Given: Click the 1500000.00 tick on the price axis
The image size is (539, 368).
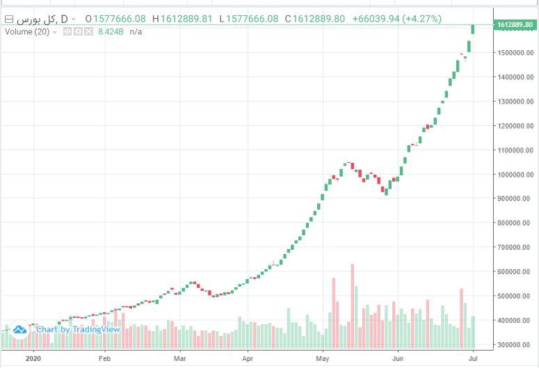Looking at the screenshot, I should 515,53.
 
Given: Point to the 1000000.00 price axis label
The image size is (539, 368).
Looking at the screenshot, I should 515,175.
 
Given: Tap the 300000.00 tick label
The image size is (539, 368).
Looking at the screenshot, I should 515,345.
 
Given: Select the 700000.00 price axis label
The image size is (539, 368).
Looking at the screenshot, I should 515,248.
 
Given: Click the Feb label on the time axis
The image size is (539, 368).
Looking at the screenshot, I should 104,359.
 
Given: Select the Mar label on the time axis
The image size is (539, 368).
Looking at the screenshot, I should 179,359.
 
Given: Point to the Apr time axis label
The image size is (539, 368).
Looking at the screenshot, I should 248,359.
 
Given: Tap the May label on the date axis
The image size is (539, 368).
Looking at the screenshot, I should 322,359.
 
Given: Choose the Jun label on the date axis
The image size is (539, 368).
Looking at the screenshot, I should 398,359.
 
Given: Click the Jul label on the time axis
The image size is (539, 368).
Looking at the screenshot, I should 472,359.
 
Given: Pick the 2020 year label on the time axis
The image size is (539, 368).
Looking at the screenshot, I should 33,359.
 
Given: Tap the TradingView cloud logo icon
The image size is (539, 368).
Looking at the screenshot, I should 19,329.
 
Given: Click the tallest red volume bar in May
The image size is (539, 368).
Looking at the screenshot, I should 353,306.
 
